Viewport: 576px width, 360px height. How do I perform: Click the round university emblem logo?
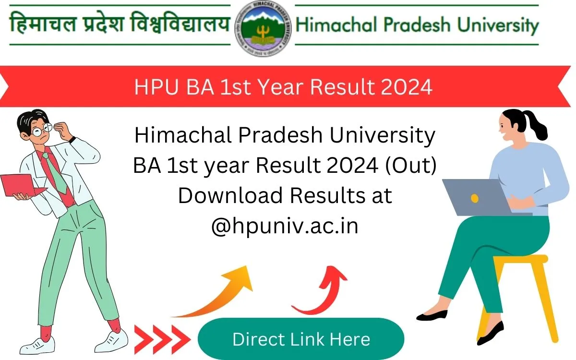click(x=262, y=27)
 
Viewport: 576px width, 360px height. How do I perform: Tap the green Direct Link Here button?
click(x=301, y=339)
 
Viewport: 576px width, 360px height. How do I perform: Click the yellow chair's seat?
click(x=521, y=259)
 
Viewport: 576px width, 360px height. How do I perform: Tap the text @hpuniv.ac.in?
click(x=285, y=226)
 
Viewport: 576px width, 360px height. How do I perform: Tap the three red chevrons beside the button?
click(x=161, y=339)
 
